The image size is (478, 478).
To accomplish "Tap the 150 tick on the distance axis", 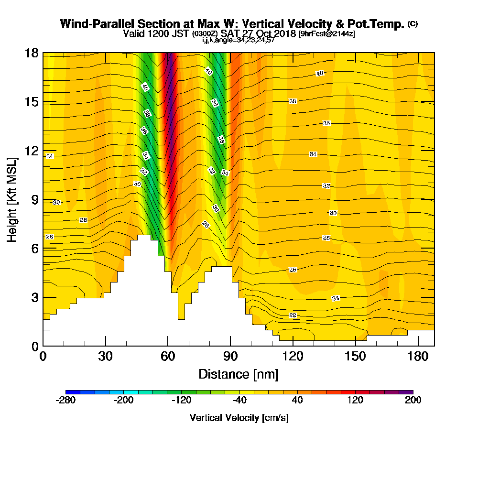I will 356,356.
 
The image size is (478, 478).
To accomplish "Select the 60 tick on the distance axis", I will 168,356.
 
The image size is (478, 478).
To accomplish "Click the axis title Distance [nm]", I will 239,374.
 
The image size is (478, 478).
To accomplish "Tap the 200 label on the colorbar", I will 413,401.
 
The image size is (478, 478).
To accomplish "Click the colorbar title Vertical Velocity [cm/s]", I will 239,418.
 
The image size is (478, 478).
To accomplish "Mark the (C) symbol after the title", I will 413,24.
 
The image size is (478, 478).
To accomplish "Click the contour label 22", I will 293,315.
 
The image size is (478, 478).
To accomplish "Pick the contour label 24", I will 336,298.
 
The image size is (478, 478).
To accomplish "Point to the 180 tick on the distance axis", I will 418,356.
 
